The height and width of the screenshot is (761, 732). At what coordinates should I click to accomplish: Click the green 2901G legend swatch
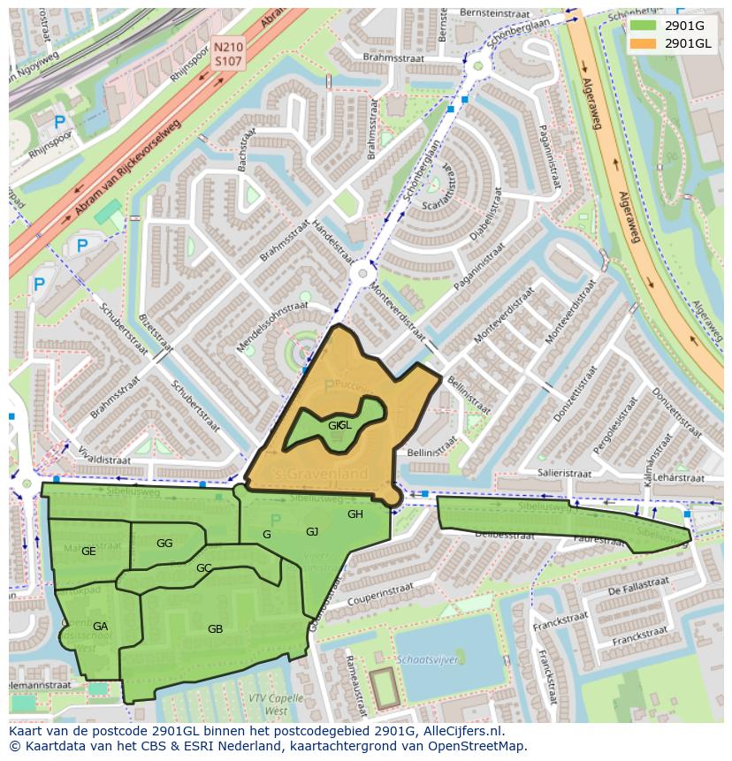point(644,26)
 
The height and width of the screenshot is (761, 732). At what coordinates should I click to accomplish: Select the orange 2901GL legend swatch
point(644,43)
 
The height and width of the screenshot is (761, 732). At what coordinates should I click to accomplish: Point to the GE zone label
point(88,552)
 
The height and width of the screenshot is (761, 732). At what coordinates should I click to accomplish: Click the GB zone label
point(215,629)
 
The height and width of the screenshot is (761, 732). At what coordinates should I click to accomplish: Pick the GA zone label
point(100,627)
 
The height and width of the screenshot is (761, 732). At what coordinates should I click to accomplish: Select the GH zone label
point(355,514)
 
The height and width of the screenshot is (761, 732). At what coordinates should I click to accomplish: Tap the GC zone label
point(203,568)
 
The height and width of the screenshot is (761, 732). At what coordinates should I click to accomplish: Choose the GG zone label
point(164,544)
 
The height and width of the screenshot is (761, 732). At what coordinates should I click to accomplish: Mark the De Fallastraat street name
point(638,585)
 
